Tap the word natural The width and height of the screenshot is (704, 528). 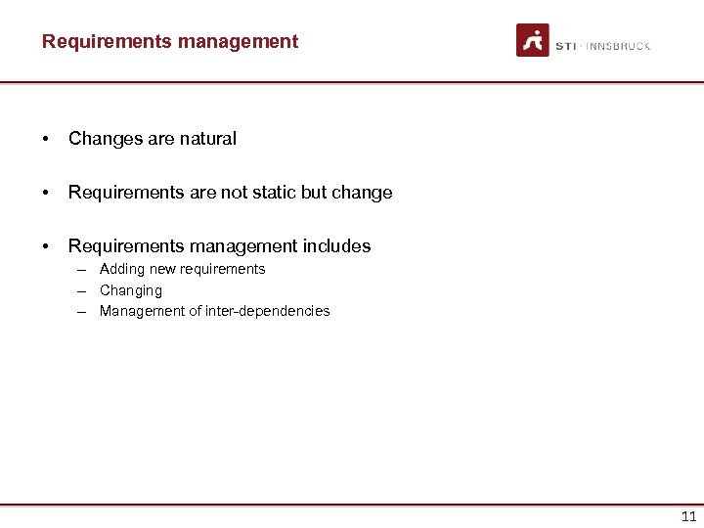208,139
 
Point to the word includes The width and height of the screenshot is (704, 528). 338,246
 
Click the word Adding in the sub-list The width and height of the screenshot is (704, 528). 122,269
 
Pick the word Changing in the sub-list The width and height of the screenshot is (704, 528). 131,290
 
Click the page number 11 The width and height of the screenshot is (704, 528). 688,517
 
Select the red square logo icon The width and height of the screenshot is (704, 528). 533,40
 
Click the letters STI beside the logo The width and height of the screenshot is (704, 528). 566,46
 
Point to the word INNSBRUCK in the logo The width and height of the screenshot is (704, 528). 618,46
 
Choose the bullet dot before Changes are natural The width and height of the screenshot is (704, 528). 46,139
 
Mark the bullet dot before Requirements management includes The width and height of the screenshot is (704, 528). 46,246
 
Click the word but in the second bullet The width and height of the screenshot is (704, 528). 314,193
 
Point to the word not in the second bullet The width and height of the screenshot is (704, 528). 235,193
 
